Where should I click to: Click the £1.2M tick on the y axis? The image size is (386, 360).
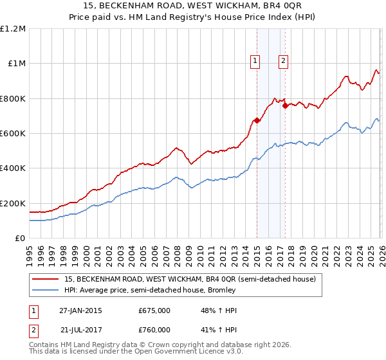pyautogui.click(x=13, y=29)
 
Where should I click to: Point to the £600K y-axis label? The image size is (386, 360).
pyautogui.click(x=13, y=134)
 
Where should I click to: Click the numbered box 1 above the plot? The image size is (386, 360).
pyautogui.click(x=255, y=61)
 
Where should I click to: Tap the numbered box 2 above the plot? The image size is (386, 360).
pyautogui.click(x=283, y=61)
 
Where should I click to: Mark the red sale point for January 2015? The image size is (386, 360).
pyautogui.click(x=257, y=120)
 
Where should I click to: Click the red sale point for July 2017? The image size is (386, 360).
pyautogui.click(x=285, y=105)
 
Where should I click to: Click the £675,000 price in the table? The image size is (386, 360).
pyautogui.click(x=154, y=310)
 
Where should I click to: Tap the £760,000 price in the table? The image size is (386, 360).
pyautogui.click(x=154, y=330)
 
